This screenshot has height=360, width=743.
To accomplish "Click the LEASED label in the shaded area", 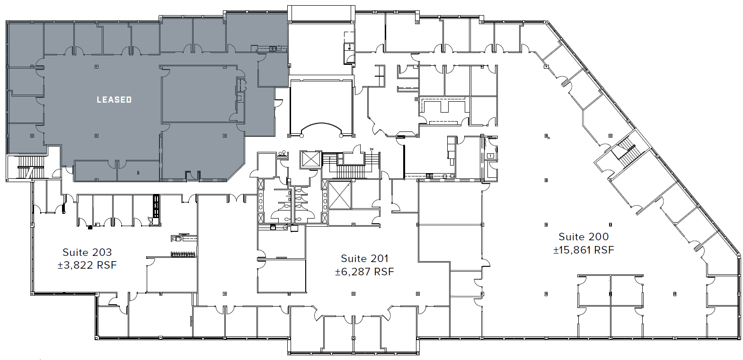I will (x=114, y=99).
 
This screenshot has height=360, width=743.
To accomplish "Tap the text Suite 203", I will (x=87, y=253).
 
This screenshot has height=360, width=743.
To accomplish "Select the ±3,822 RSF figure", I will (x=87, y=265).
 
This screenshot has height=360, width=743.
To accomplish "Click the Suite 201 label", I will (x=364, y=258).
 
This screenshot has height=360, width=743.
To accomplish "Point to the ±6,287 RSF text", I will (x=364, y=272).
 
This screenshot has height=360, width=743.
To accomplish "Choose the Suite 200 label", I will (x=584, y=237).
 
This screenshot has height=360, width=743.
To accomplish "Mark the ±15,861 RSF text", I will (x=584, y=250).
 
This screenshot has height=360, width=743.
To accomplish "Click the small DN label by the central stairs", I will (x=371, y=149).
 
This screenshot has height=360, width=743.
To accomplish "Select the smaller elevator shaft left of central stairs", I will (x=310, y=158).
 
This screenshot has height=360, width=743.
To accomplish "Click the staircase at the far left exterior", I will (x=26, y=168).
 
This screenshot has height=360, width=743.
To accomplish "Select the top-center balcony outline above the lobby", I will (x=321, y=13).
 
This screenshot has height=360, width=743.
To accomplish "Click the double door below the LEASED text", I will (x=117, y=164).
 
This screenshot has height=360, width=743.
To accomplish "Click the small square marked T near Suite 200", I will (x=490, y=155).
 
